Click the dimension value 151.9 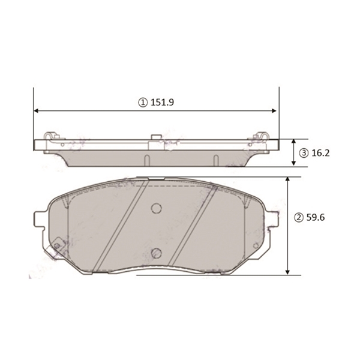pos(162,102)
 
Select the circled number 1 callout pos(143,103)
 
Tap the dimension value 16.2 pos(320,153)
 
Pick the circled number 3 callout pos(304,153)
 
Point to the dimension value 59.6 pos(316,217)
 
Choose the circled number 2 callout pos(299,217)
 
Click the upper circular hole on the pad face pos(157,208)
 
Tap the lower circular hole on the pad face pos(157,253)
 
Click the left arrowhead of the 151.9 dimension pos(36,111)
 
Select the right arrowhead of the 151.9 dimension pos(274,111)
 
